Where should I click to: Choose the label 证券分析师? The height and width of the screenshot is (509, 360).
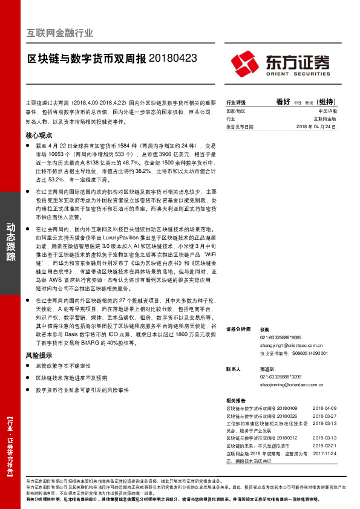tap(237, 329)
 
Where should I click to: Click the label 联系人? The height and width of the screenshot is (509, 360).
tap(234, 368)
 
